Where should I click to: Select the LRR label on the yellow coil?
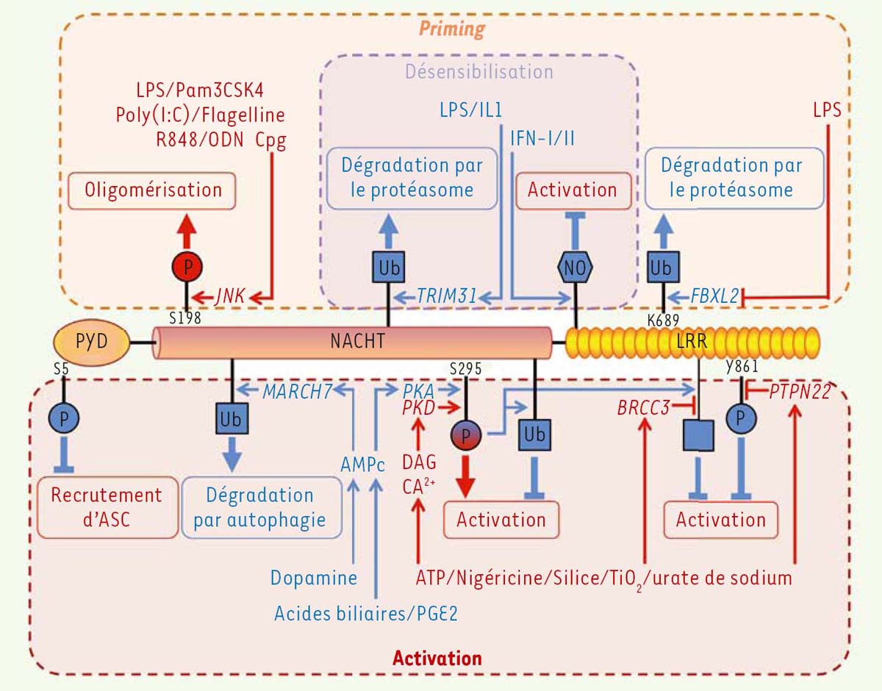tap(691, 341)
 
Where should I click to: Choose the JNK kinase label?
tap(229, 297)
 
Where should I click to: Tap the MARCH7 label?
tap(296, 391)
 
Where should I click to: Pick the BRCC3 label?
tap(643, 407)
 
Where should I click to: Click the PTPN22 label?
tap(800, 391)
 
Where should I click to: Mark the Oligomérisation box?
tap(153, 190)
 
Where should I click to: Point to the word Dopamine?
tap(313, 578)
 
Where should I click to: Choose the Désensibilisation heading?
tap(478, 72)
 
